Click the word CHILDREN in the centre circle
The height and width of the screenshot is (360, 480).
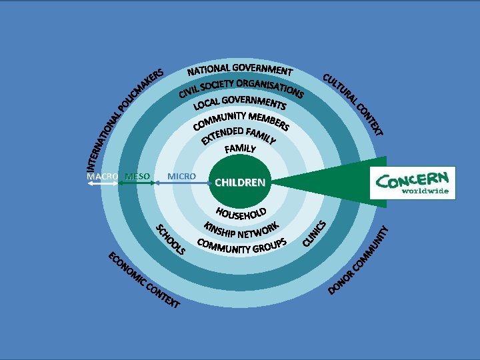click(x=240, y=182)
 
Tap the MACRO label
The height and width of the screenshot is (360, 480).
click(x=103, y=176)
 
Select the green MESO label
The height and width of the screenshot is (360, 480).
click(x=137, y=176)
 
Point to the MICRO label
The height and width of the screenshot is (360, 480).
click(x=181, y=176)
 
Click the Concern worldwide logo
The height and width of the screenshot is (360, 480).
click(x=413, y=183)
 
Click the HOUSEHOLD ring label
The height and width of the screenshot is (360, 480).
click(x=241, y=214)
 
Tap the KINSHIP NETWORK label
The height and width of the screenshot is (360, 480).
click(x=241, y=230)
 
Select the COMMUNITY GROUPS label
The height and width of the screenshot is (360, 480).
click(x=242, y=246)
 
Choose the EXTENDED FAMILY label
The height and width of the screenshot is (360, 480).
click(x=239, y=134)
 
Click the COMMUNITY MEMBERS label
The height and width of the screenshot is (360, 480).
click(x=241, y=119)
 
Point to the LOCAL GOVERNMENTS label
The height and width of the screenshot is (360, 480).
click(x=240, y=103)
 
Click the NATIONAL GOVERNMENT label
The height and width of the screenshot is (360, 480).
click(x=240, y=70)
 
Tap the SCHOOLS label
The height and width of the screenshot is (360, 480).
click(x=170, y=241)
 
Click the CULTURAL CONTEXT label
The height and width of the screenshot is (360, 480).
click(x=353, y=103)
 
